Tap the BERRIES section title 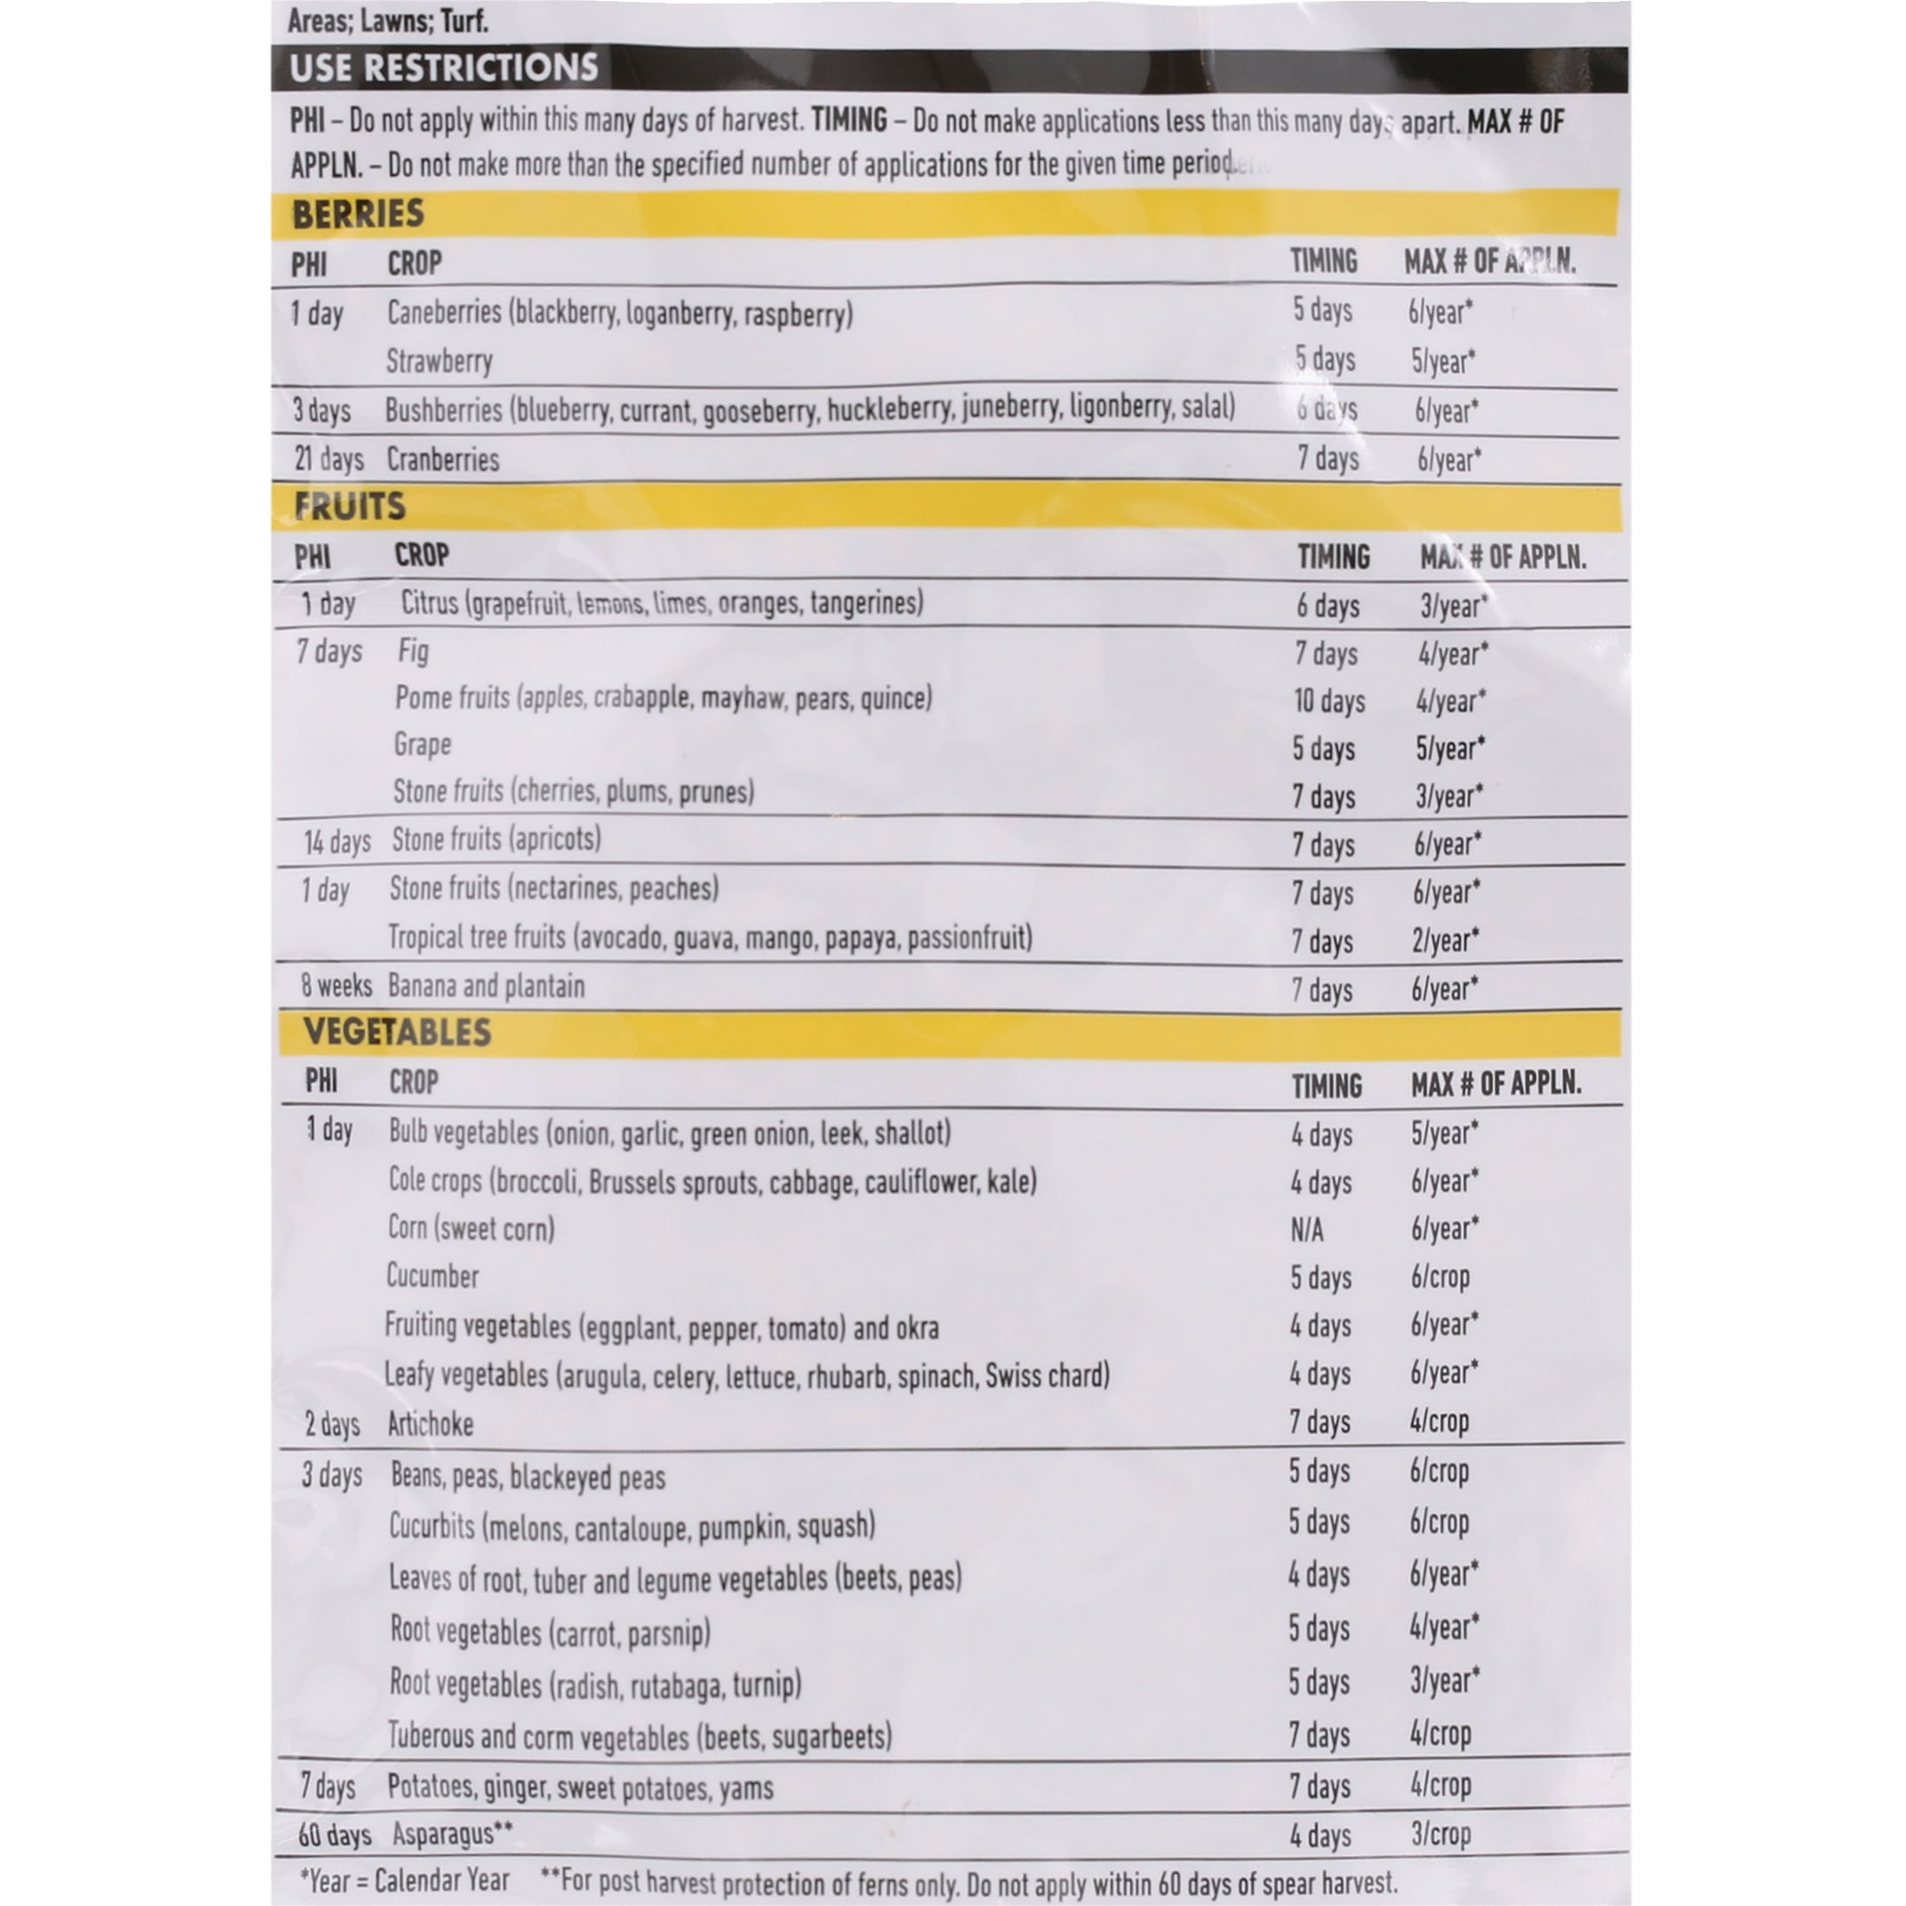[x=358, y=214]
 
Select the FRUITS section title [x=350, y=506]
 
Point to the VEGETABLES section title [x=398, y=1032]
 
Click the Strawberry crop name [x=439, y=361]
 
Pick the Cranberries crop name [x=443, y=459]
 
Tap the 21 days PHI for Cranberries [x=327, y=459]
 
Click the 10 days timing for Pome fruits [x=1329, y=702]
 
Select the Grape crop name [x=422, y=744]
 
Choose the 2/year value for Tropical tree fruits [x=1445, y=940]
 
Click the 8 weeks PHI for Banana [x=336, y=986]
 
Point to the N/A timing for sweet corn [x=1307, y=1229]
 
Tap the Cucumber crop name [x=432, y=1275]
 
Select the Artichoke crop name [x=430, y=1423]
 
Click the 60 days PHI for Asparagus [x=335, y=1835]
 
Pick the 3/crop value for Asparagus [x=1441, y=1834]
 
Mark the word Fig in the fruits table [x=413, y=652]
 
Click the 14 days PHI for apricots [x=337, y=841]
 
